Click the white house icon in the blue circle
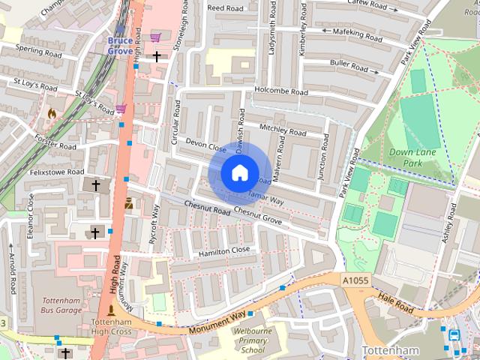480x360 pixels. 239,173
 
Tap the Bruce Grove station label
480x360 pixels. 119,45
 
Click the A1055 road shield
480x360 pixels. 355,280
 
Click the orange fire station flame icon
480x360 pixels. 52,112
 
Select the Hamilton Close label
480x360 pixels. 224,251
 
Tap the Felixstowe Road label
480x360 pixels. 55,172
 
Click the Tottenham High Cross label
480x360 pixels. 112,325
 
